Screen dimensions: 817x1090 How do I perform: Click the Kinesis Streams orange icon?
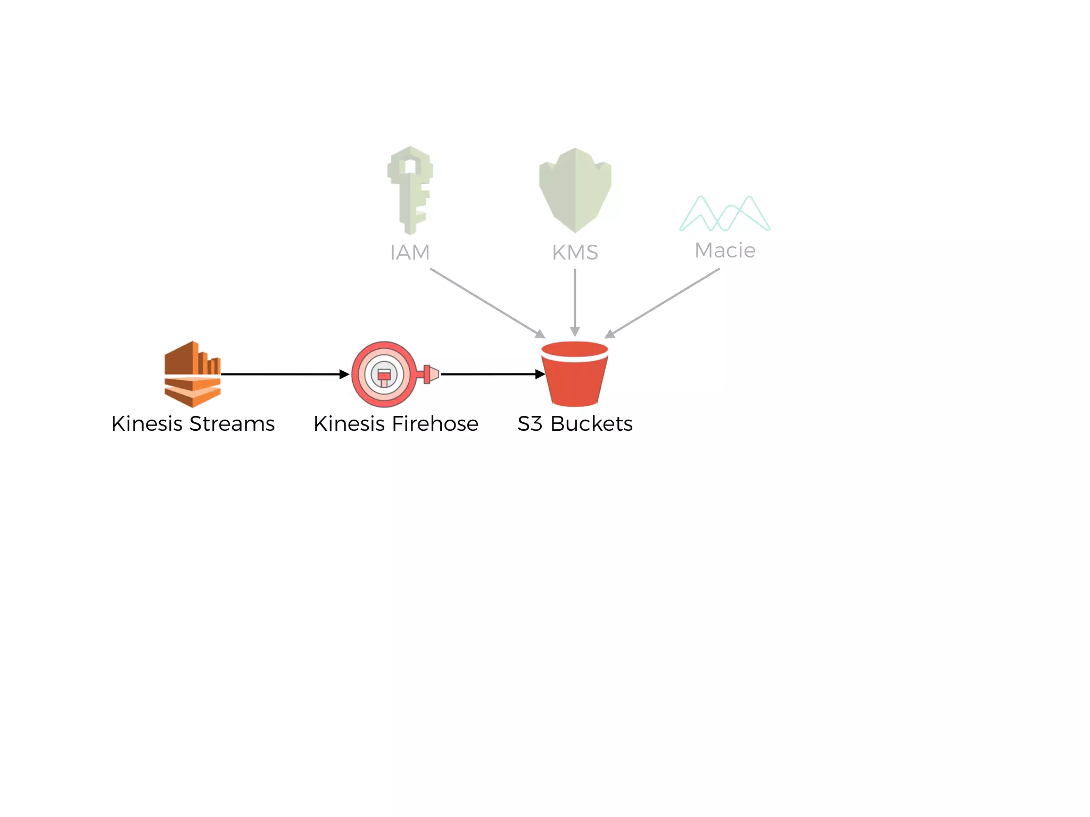pos(193,374)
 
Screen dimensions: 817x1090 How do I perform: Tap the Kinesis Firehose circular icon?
pos(384,374)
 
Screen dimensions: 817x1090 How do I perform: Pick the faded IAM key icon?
pos(410,189)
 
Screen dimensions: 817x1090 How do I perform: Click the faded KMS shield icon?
pos(575,189)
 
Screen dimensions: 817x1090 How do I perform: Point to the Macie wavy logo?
pos(724,214)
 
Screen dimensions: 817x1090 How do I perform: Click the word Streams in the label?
pos(232,424)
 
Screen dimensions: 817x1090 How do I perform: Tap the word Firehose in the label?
pos(435,424)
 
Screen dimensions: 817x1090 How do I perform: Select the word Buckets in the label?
pos(591,424)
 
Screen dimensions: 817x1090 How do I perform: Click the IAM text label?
pos(410,252)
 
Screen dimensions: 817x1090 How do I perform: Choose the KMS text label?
pos(575,252)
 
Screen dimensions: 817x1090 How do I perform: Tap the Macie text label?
pos(725,250)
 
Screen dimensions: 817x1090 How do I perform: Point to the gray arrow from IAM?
pos(487,303)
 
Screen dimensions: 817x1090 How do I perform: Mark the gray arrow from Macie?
pos(663,303)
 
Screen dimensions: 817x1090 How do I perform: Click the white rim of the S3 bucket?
pos(575,357)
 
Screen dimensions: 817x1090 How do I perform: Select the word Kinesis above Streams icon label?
pos(147,424)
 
